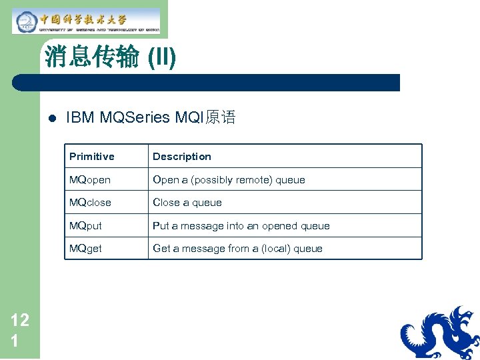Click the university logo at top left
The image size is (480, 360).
(87, 21)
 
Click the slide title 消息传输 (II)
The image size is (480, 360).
(110, 58)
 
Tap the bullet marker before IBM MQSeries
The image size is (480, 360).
(51, 119)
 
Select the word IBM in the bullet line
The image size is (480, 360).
(80, 118)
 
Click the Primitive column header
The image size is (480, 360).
(92, 157)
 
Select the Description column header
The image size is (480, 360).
(181, 157)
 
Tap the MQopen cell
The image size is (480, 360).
(90, 180)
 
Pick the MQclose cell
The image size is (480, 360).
(90, 203)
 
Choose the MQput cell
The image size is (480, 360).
(86, 226)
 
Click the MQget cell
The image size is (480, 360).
(86, 249)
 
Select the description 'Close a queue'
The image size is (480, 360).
(187, 203)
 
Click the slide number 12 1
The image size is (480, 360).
(20, 330)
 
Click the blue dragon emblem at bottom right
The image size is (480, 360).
(440, 333)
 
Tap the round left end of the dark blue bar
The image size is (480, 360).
(17, 83)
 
